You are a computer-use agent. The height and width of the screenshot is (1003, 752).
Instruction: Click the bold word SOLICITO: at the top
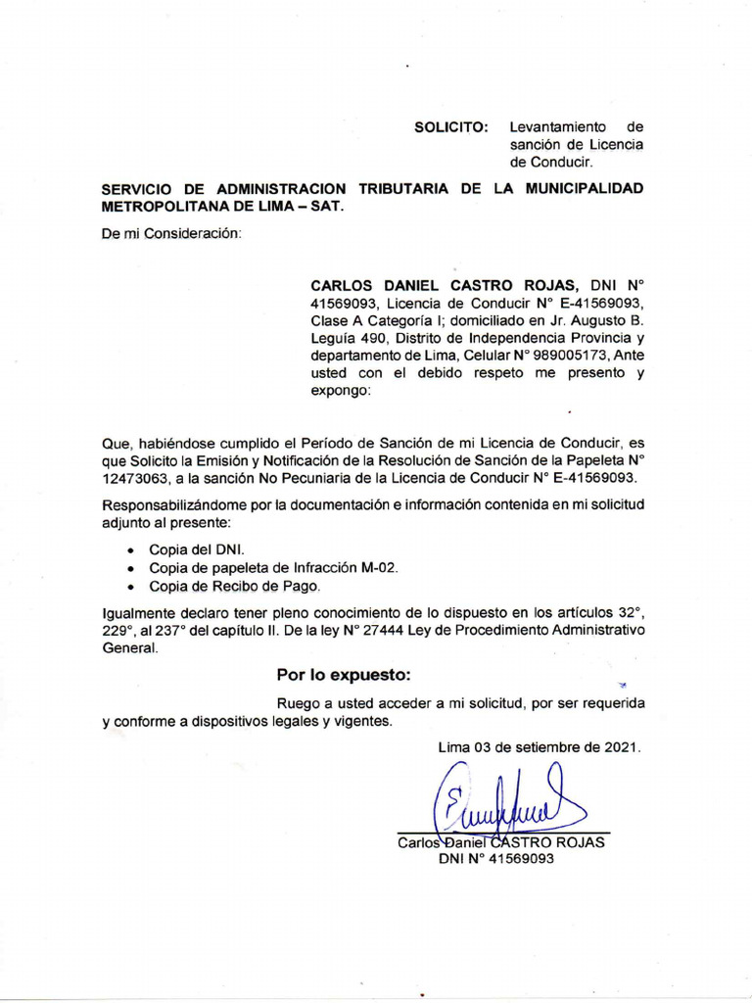[x=450, y=127]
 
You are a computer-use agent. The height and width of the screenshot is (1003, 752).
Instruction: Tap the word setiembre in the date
[x=544, y=746]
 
